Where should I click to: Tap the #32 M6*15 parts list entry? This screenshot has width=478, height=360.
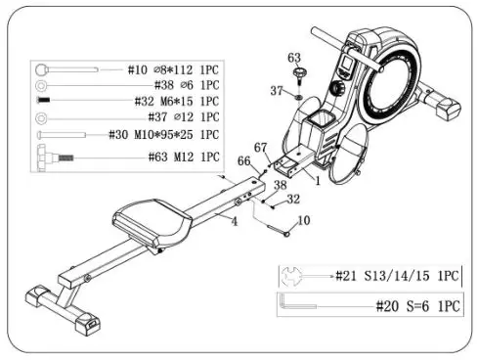coord(177,103)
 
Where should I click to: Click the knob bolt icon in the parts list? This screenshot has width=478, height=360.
coord(51,156)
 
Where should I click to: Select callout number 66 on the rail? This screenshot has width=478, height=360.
coord(242,162)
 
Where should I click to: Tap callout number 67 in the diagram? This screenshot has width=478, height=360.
coord(260,148)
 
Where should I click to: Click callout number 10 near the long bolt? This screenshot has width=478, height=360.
coord(303,222)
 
